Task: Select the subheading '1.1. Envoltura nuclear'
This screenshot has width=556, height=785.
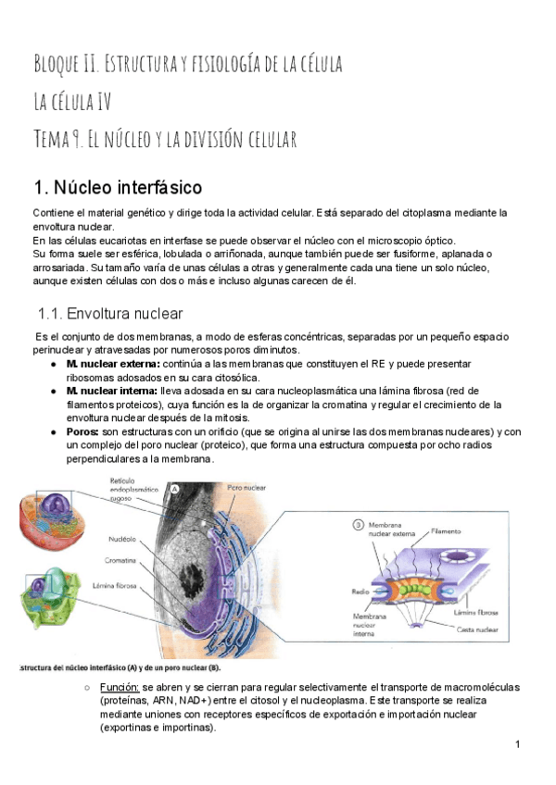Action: (x=110, y=314)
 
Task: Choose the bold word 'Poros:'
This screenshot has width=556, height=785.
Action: (x=82, y=431)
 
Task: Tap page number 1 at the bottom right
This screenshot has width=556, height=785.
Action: (x=517, y=744)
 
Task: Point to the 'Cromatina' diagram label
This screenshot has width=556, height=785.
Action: (x=121, y=561)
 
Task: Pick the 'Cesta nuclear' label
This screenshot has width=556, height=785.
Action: (x=479, y=629)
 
